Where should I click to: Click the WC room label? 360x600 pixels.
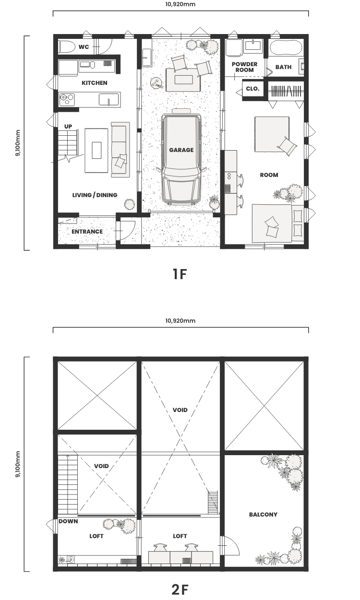coord(84,47)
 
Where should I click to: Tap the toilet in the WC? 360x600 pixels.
coord(67,47)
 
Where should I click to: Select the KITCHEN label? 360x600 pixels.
coord(95,83)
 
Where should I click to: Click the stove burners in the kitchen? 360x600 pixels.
coord(66,99)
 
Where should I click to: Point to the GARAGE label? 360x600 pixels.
coord(181,150)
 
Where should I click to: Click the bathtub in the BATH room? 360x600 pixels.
coord(286,47)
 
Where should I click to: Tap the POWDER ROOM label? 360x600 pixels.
coord(244,67)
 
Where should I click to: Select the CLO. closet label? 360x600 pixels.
coord(252,89)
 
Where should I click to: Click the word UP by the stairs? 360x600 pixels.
coord(68,127)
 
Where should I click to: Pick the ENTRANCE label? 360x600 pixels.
coord(87,232)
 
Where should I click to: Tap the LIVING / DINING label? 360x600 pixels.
coord(95,195)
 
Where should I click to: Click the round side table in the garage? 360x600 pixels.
coord(156,82)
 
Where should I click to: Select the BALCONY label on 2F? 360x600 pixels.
coord(263,514)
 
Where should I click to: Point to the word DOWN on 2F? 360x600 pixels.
coord(68,521)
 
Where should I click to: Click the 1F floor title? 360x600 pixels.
coord(180,274)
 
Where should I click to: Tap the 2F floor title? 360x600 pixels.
coord(180,590)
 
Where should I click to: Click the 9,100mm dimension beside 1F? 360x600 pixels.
coord(18,143)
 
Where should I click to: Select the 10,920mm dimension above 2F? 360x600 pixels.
coord(180,321)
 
